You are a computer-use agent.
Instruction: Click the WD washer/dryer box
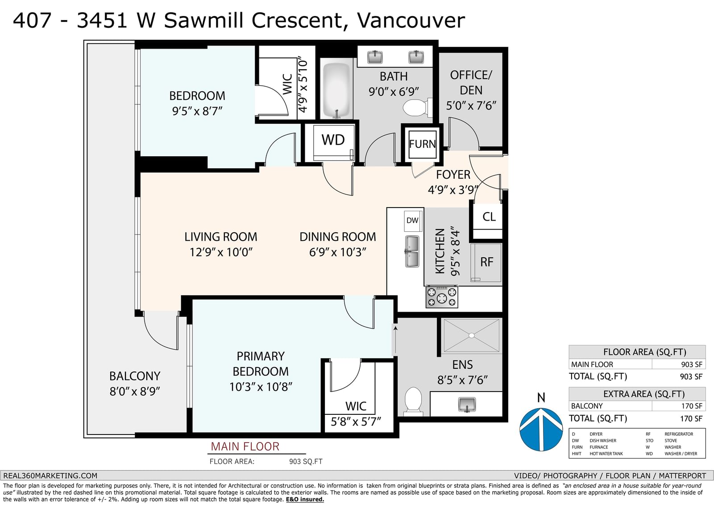tap(333, 143)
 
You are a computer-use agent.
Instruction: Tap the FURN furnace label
tap(422, 144)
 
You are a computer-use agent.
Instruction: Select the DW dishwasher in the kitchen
tap(413, 221)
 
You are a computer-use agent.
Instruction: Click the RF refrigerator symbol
tap(486, 263)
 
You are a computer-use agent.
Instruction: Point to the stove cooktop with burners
tap(442, 297)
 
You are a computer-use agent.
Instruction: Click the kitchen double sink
tap(412, 251)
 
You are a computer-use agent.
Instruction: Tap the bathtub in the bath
tap(336, 90)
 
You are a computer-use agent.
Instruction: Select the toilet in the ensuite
tap(413, 402)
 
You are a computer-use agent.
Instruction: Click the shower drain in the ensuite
tap(471, 335)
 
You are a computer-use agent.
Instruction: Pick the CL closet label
tap(489, 217)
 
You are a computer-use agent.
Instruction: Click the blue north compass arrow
tap(541, 429)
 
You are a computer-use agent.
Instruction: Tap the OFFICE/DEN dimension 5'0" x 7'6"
tap(471, 105)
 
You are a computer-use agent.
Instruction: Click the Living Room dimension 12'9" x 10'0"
tap(221, 252)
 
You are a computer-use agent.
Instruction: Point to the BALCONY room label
tap(135, 376)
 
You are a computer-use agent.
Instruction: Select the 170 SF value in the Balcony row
tap(692, 406)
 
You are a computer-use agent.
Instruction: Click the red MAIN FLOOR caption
tap(245, 447)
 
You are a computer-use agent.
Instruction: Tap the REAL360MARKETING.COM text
tap(50, 476)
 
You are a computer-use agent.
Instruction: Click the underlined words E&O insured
tap(305, 499)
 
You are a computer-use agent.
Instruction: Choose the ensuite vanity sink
tap(467, 405)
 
